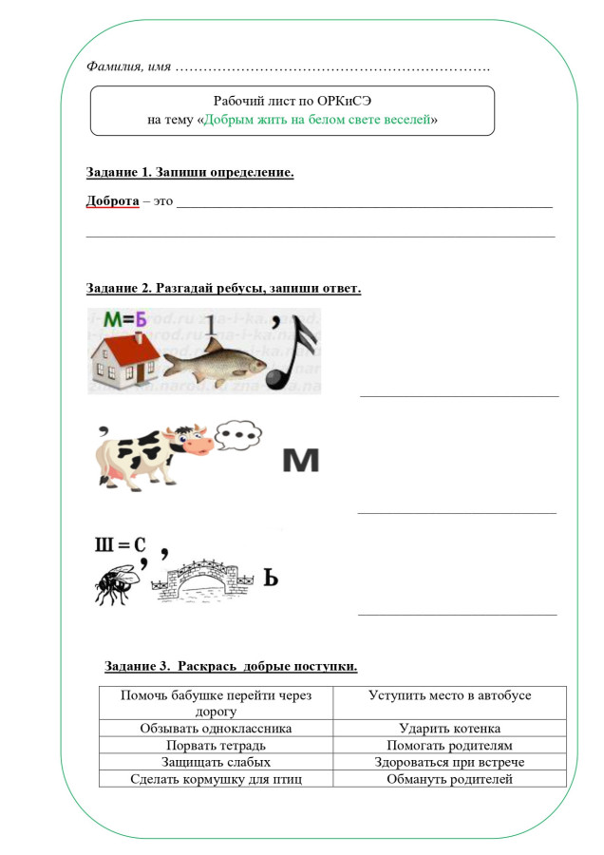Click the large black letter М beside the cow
click(x=300, y=461)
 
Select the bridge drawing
click(x=210, y=579)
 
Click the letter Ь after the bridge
click(x=270, y=578)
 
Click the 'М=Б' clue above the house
click(x=126, y=320)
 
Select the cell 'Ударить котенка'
click(x=449, y=729)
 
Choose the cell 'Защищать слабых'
click(x=217, y=762)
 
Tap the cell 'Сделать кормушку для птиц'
click(x=217, y=779)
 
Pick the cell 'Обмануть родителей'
click(x=449, y=779)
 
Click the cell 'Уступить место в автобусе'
click(x=449, y=695)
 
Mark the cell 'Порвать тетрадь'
click(x=217, y=746)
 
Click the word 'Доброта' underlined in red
click(x=112, y=202)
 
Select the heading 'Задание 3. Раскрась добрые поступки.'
click(x=231, y=666)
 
